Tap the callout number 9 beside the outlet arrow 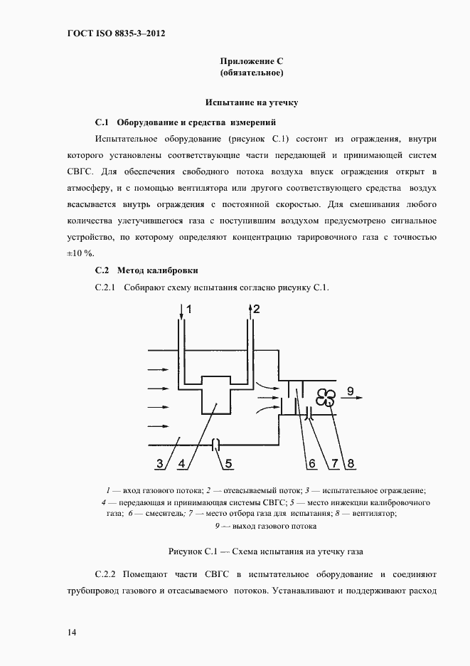(x=351, y=389)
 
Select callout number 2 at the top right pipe (x=257, y=309)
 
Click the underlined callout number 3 (x=161, y=464)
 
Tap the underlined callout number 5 (x=229, y=464)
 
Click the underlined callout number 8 (x=350, y=464)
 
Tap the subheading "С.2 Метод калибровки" (x=146, y=270)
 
